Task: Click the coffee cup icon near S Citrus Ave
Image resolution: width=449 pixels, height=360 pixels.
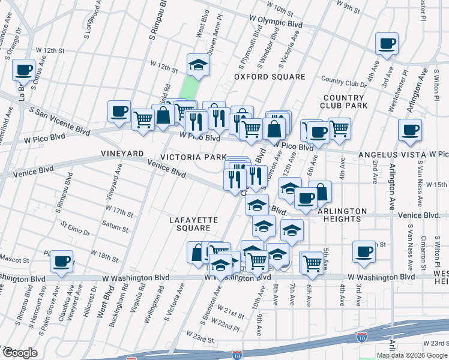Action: (x=23, y=70)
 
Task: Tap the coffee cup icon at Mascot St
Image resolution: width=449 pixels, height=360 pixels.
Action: (x=61, y=261)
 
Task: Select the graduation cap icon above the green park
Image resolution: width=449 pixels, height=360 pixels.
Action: (x=197, y=65)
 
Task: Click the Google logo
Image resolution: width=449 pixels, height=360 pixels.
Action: (x=20, y=352)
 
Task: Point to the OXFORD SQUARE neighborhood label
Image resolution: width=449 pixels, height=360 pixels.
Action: (x=270, y=77)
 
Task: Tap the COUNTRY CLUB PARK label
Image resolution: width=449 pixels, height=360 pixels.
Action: (x=344, y=102)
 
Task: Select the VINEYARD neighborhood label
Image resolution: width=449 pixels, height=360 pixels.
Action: (x=122, y=154)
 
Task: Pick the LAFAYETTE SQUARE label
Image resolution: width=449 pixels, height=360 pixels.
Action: (x=189, y=224)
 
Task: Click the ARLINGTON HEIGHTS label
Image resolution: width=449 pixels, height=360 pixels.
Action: (x=342, y=215)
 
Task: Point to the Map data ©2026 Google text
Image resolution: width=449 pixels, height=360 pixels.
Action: (x=412, y=355)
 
